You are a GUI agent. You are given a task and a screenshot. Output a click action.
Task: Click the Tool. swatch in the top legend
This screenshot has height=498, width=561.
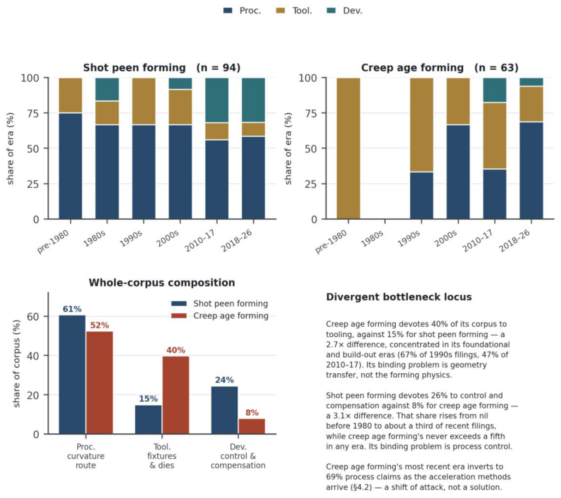point(280,10)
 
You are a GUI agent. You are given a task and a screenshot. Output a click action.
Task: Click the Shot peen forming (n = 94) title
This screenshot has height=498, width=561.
point(162,68)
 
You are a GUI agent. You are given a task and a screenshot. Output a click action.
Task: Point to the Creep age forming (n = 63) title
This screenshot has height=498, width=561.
point(439,68)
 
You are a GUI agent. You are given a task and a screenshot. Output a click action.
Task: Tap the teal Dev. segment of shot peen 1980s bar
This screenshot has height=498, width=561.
point(107,89)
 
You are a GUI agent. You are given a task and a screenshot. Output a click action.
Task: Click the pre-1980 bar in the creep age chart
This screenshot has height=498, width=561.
point(348,149)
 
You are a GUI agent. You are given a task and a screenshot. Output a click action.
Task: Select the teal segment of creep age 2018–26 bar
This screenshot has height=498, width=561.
point(531,82)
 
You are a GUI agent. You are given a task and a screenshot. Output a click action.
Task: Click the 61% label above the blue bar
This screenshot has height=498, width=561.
point(72,309)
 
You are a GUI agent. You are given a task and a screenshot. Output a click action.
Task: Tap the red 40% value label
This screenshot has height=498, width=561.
point(176,350)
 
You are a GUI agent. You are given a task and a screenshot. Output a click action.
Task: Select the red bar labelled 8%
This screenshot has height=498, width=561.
point(252,426)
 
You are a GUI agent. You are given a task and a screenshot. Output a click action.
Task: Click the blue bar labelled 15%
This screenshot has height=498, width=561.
point(148,419)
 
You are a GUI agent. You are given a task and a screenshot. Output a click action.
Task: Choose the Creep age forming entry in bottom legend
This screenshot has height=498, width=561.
point(220,316)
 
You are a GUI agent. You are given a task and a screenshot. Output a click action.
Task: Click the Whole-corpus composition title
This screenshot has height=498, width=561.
point(162,282)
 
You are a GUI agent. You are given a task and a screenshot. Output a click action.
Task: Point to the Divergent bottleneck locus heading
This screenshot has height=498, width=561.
point(399,297)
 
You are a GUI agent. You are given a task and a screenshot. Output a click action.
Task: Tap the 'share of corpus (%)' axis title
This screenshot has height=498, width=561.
point(17,363)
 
